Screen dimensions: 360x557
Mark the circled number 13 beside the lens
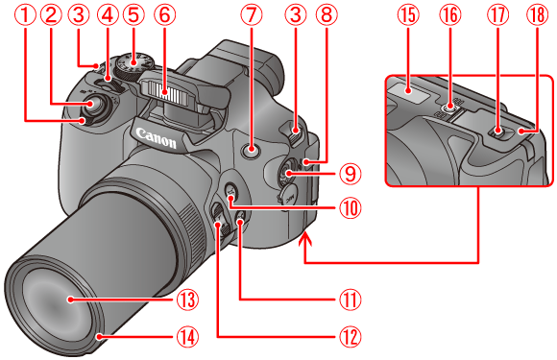click(186, 299)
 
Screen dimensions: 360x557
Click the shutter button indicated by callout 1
click(90, 111)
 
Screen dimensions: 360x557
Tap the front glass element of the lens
click(67, 302)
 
